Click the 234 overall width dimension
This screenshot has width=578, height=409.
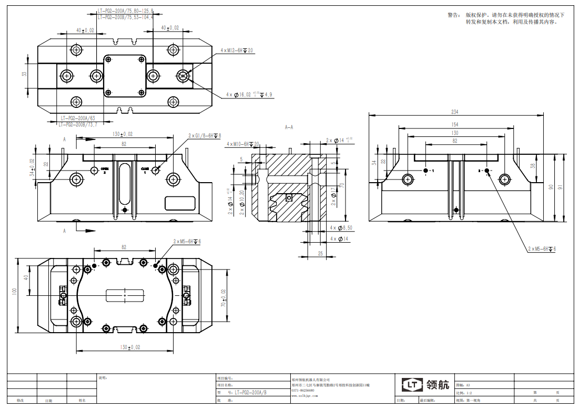454,112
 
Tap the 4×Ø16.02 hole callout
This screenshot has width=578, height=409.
249,95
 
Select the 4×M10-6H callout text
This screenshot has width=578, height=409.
242,144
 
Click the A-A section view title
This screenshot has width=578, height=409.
289,127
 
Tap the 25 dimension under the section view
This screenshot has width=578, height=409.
320,253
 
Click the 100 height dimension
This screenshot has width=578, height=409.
15,292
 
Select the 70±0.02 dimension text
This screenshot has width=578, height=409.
223,298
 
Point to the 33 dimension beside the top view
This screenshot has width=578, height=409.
24,74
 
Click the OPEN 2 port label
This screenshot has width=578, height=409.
105,171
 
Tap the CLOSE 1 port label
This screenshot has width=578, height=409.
145,171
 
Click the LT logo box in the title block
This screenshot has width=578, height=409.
413,385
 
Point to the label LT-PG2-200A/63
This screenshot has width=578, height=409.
77,118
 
